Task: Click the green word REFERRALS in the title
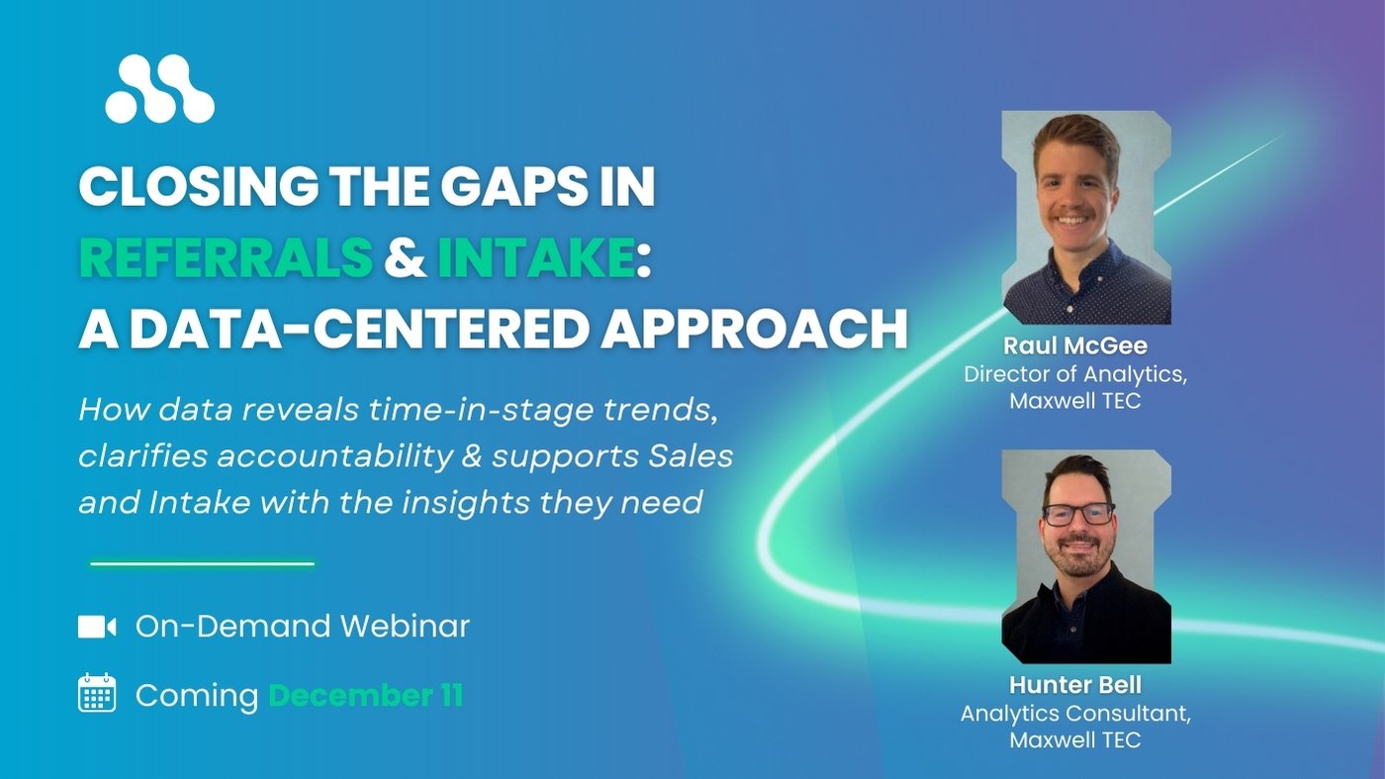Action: (226, 257)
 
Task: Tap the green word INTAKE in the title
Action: (534, 257)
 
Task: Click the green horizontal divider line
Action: (202, 564)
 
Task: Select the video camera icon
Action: (97, 627)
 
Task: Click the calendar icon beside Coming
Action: (97, 694)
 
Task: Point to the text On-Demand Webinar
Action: (302, 626)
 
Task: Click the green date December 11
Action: (365, 695)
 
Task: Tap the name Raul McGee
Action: (1074, 345)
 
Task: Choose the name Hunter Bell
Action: (1074, 685)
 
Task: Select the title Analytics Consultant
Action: (1074, 713)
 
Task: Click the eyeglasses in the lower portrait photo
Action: (1077, 513)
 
